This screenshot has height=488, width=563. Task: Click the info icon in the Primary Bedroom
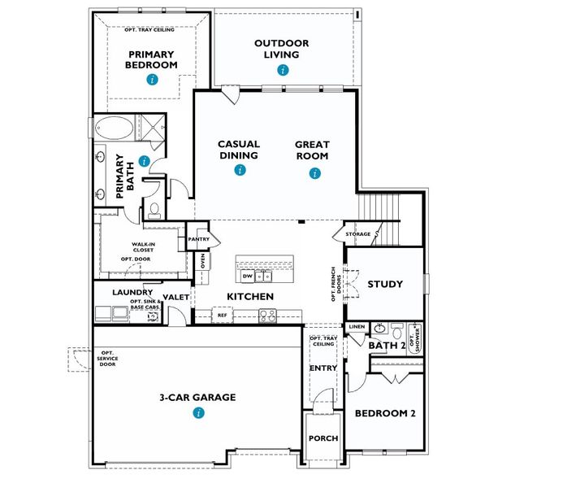click(152, 79)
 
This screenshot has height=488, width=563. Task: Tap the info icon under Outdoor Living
click(282, 70)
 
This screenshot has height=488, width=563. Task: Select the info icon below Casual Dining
click(239, 170)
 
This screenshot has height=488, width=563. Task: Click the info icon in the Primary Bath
click(144, 161)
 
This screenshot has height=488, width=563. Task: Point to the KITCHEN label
click(249, 296)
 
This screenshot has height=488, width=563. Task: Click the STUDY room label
click(385, 285)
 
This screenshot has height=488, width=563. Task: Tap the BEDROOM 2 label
click(385, 413)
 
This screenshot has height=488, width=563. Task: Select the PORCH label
click(323, 438)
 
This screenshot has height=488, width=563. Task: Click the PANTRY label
click(199, 240)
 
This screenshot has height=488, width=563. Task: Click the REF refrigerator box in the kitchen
click(222, 315)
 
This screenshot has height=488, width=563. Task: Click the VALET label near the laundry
click(175, 298)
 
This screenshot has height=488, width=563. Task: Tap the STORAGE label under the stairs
click(358, 234)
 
